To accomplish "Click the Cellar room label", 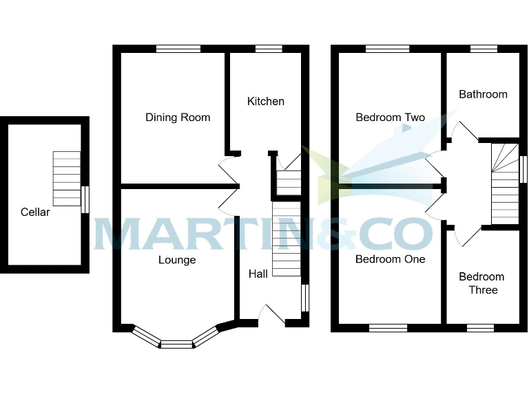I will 35,212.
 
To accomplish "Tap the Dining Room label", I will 178,118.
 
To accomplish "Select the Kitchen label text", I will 266,101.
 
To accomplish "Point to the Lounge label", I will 177,260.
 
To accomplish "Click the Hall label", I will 258,274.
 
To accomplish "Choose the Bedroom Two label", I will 390,118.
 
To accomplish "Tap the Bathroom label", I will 483,94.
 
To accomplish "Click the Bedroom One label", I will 390,259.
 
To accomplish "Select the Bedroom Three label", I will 482,283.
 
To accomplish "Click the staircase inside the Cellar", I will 67,179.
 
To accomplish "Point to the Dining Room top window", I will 178,49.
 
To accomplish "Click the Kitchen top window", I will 269,49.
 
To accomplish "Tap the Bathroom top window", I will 484,49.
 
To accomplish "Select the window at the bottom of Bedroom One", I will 388,328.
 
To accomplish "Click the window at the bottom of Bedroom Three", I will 480,328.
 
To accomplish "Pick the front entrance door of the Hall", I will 271,316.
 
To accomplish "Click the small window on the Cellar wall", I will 85,199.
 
